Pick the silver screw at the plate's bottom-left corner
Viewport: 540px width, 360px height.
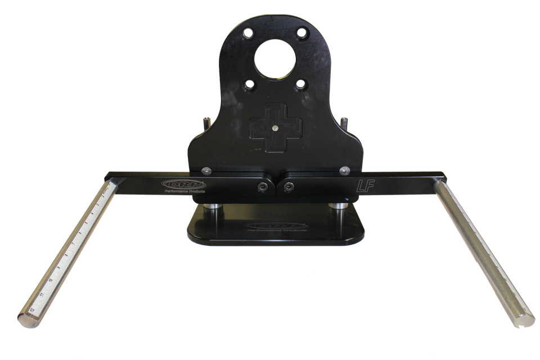pos(206,170)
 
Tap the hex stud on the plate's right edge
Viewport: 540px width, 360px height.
pos(344,121)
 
